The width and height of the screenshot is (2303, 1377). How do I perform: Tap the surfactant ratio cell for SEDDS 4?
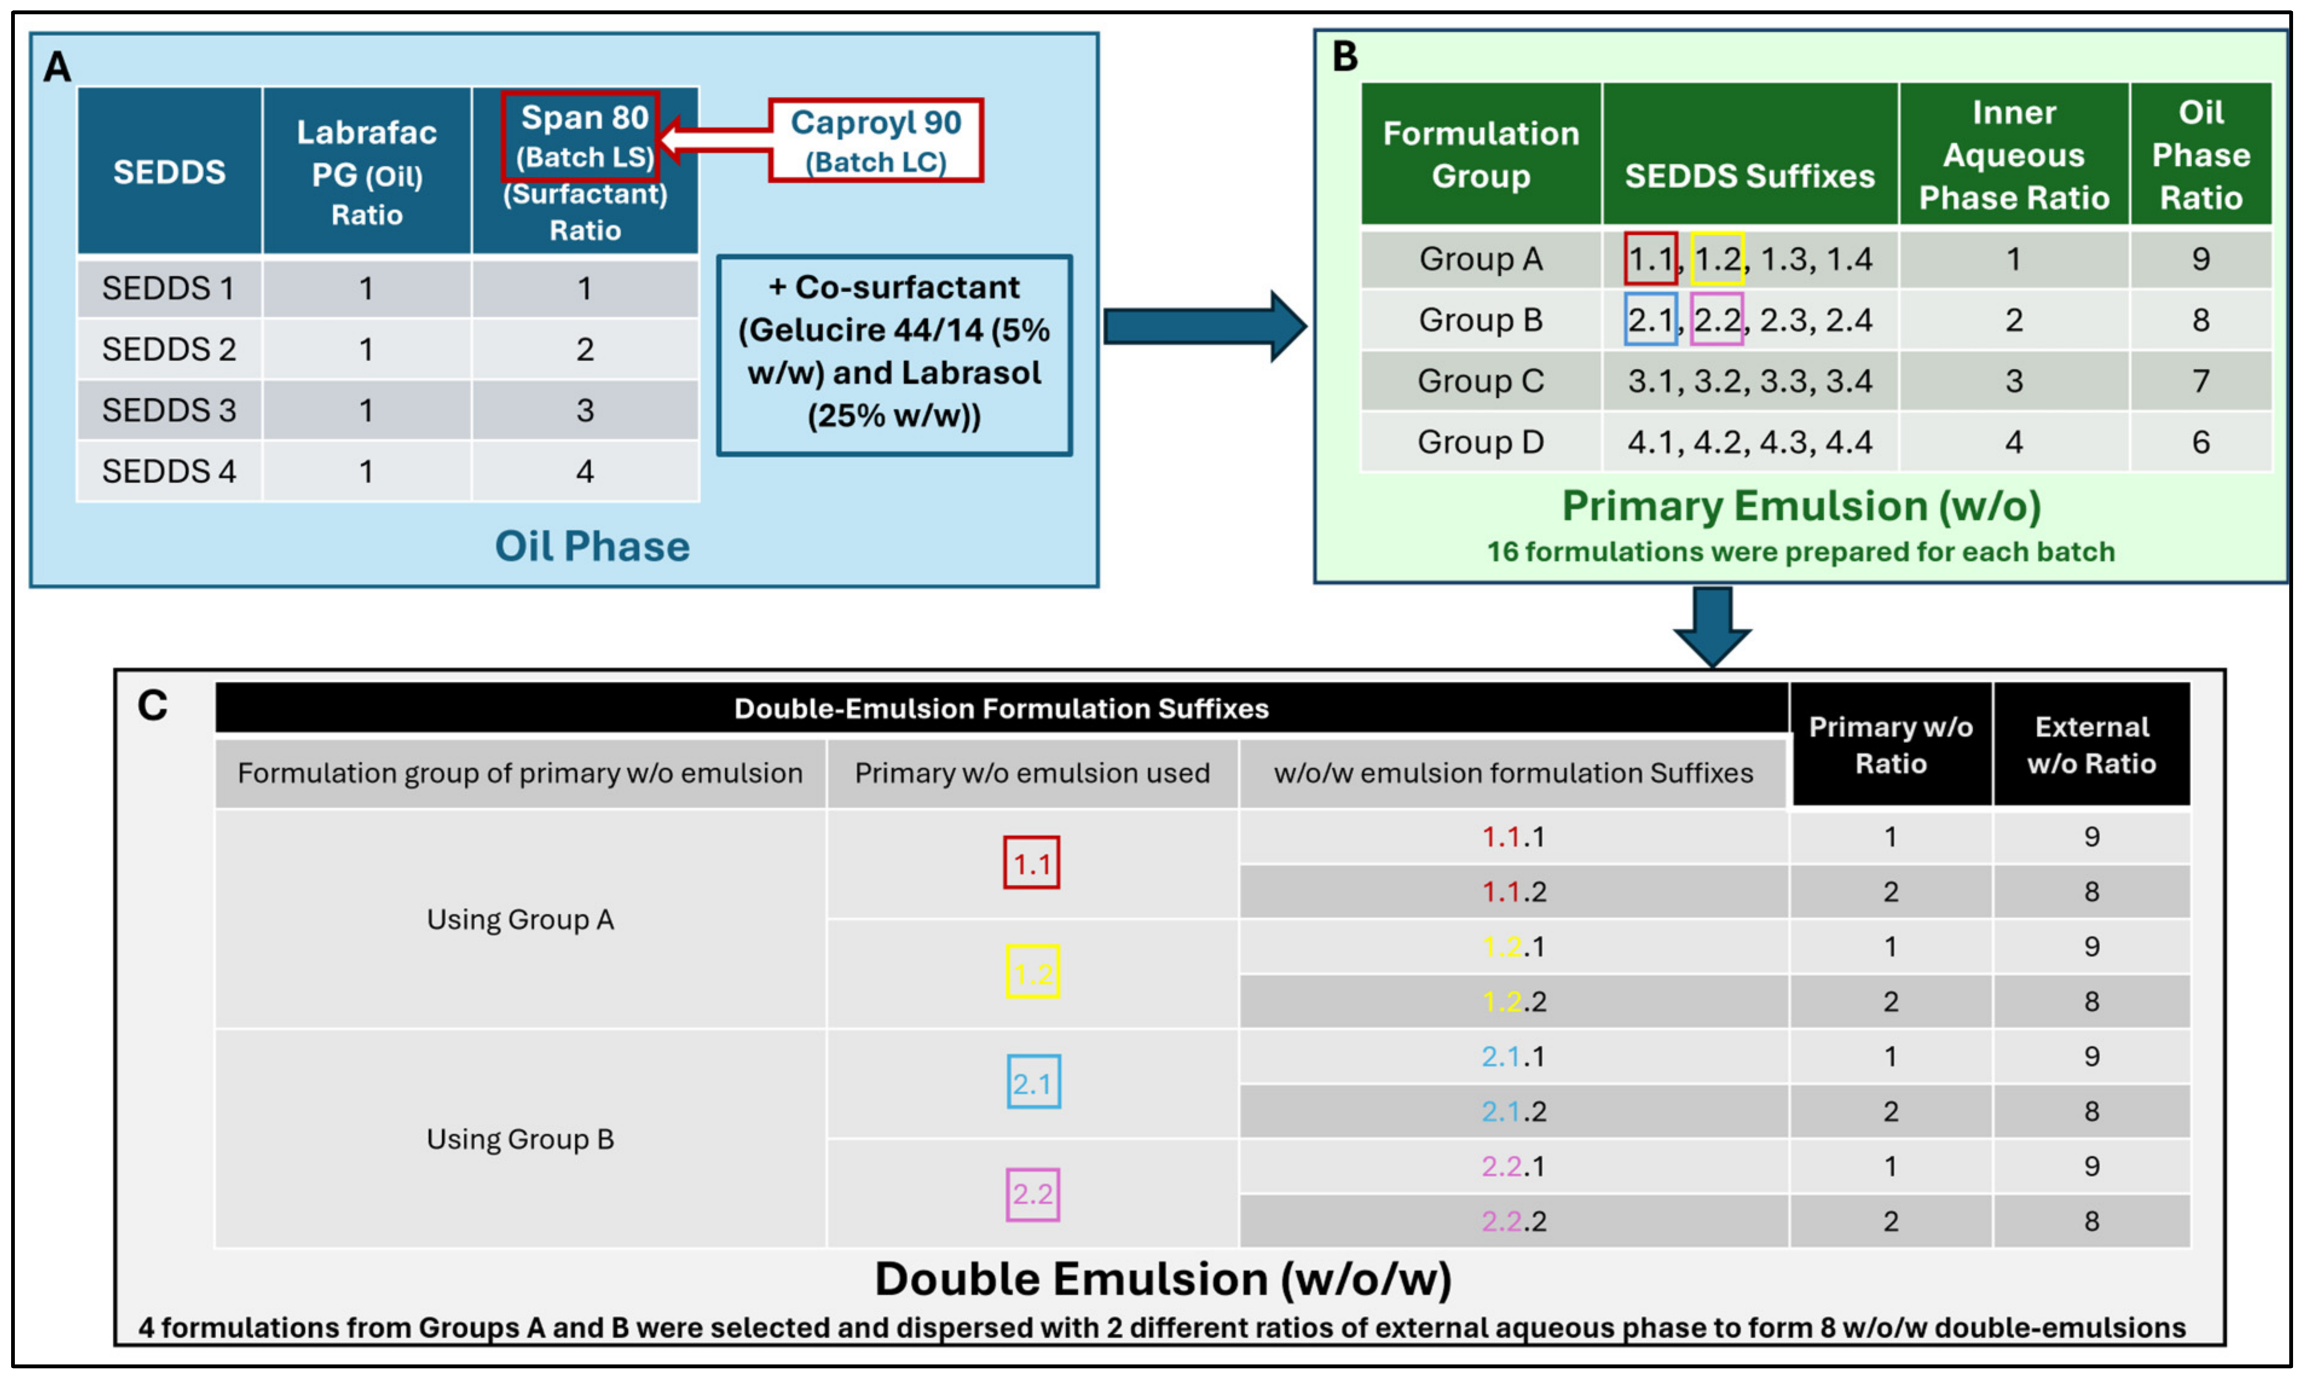pyautogui.click(x=585, y=471)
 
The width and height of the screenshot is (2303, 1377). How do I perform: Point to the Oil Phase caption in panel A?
pyautogui.click(x=593, y=547)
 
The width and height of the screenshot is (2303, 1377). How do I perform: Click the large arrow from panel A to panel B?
pyautogui.click(x=1205, y=327)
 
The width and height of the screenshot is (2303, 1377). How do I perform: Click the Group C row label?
pyautogui.click(x=1481, y=381)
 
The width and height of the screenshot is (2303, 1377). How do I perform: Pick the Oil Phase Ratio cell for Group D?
pyautogui.click(x=2201, y=443)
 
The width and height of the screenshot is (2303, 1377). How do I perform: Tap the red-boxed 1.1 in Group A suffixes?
pyautogui.click(x=1651, y=259)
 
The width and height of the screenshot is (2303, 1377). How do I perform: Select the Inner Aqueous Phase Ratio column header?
pyautogui.click(x=2013, y=155)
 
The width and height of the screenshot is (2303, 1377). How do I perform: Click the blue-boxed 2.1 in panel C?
pyautogui.click(x=1033, y=1082)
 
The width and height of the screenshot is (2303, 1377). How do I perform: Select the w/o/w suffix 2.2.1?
pyautogui.click(x=1513, y=1166)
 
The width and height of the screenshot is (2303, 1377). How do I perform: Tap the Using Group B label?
pyautogui.click(x=520, y=1140)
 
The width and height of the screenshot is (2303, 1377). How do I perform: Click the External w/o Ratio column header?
pyautogui.click(x=2091, y=745)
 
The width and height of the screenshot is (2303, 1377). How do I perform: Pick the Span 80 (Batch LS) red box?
pyautogui.click(x=580, y=137)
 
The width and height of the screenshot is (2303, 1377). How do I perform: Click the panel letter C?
pyautogui.click(x=152, y=706)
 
